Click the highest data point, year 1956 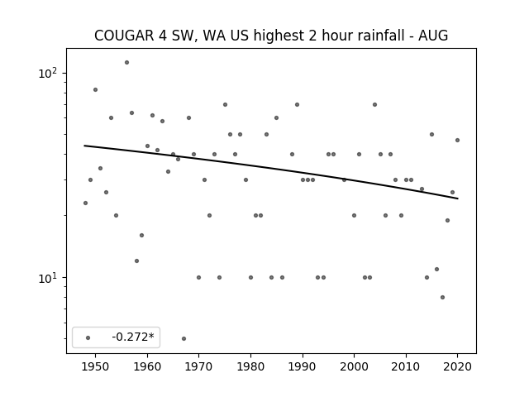click(x=126, y=63)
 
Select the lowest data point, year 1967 click(x=183, y=338)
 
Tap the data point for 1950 click(x=96, y=90)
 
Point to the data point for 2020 click(x=457, y=140)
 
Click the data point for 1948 click(x=85, y=203)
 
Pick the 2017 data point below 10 click(x=443, y=298)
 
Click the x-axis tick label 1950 click(x=96, y=366)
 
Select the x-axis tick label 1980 click(x=250, y=366)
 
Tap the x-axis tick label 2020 click(x=457, y=366)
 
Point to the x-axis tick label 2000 click(x=354, y=366)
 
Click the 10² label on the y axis click(x=48, y=74)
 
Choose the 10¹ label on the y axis click(x=48, y=278)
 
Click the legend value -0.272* click(x=133, y=337)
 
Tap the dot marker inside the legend click(x=88, y=337)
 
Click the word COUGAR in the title click(x=124, y=36)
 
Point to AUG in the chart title click(x=433, y=36)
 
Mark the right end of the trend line click(x=458, y=198)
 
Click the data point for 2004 click(x=374, y=105)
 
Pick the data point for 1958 click(x=136, y=261)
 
